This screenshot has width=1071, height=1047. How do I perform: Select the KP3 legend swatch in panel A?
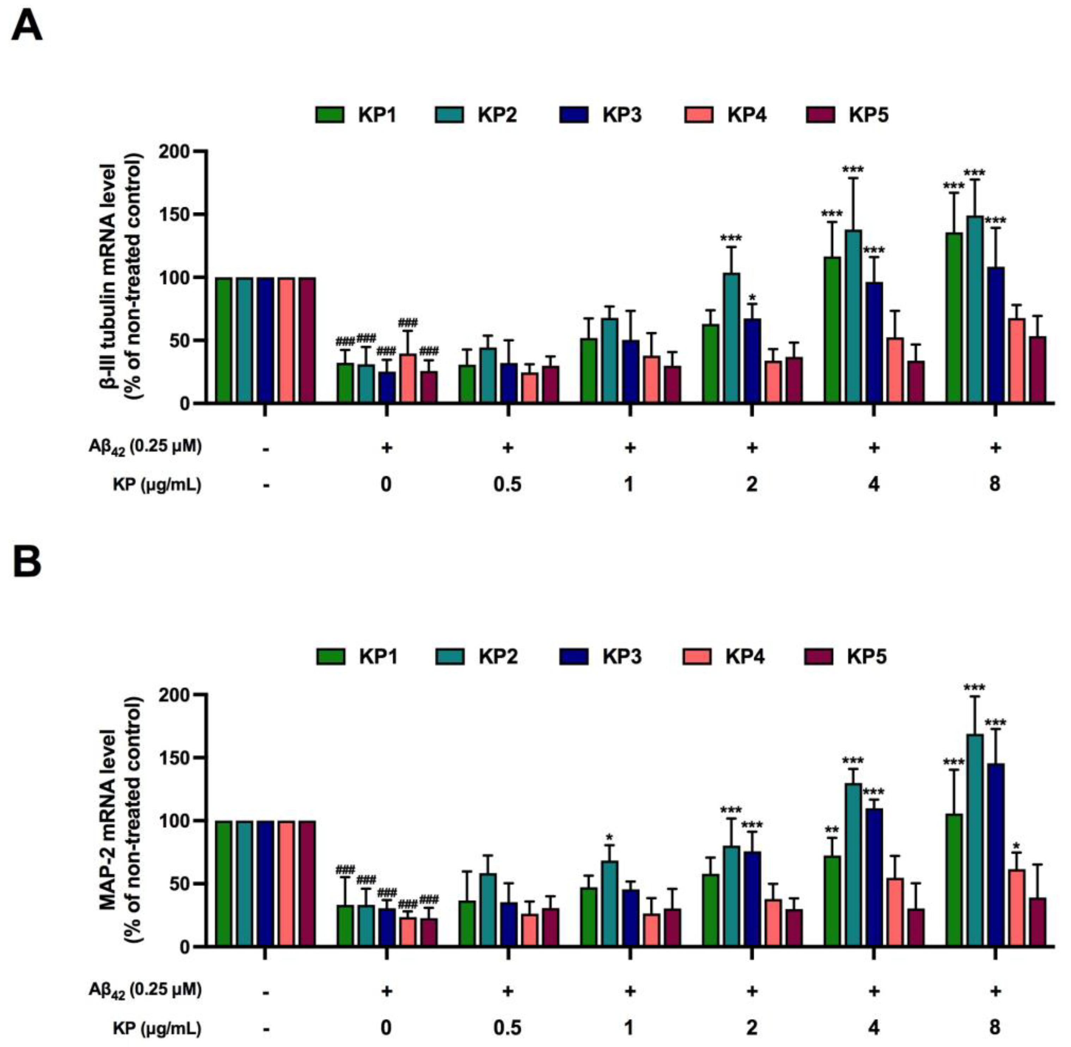click(574, 115)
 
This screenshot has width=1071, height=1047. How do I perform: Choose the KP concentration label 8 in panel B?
click(995, 1027)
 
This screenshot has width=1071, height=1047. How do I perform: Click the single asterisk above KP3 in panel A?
click(753, 298)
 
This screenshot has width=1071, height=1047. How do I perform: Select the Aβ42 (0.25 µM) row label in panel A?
click(145, 447)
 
